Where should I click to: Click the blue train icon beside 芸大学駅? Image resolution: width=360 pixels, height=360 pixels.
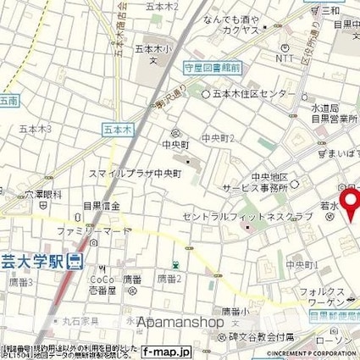(x=75, y=261)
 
